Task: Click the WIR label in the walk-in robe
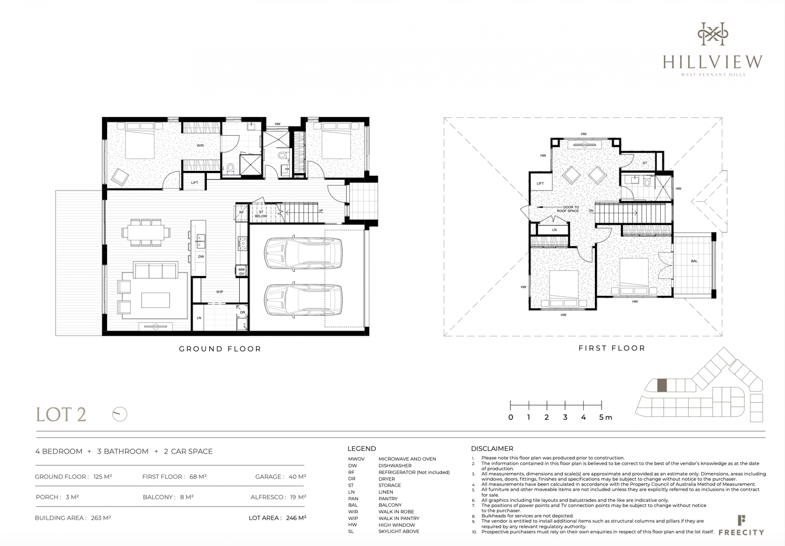[200, 145]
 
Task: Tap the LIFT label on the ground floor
[195, 183]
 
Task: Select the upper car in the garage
[303, 253]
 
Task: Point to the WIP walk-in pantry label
[220, 292]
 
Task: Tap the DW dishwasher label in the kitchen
[201, 256]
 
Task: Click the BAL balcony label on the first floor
[694, 261]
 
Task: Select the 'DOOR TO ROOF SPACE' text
[568, 209]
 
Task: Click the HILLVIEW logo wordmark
[713, 62]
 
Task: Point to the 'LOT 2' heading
[61, 415]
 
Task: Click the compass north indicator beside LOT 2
[120, 414]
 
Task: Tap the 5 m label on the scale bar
[606, 417]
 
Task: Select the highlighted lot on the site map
[662, 386]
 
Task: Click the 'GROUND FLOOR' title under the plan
[220, 349]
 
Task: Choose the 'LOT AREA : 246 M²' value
[278, 518]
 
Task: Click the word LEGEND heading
[362, 448]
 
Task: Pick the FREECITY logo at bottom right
[741, 526]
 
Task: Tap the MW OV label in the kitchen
[242, 272]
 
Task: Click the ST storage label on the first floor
[645, 163]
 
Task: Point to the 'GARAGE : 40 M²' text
[281, 477]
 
